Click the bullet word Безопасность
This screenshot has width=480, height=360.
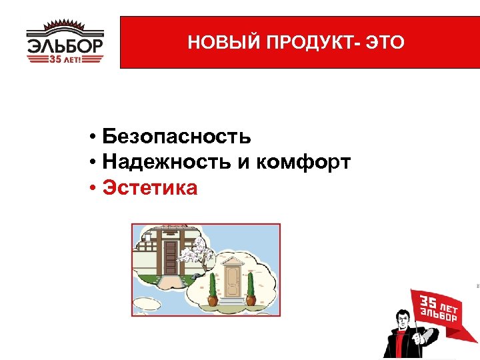(x=177, y=137)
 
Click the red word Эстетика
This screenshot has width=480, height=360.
(x=150, y=188)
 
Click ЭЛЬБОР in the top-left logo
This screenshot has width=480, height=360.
(x=65, y=47)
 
